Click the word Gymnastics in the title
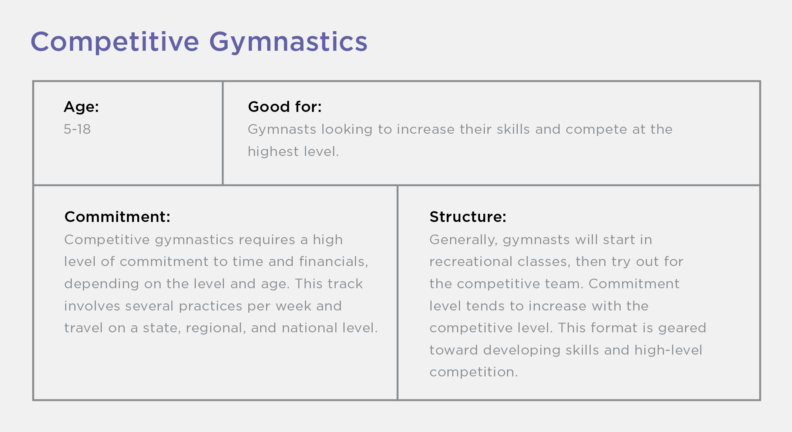coord(288,42)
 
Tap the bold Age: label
coord(81,107)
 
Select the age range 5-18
coord(77,129)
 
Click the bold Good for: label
coord(285,107)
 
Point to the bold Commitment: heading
coord(117,217)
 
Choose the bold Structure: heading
coord(468,217)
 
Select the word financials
coord(333,262)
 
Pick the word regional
coord(216,328)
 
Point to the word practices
coord(211,306)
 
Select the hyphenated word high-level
coord(668,350)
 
